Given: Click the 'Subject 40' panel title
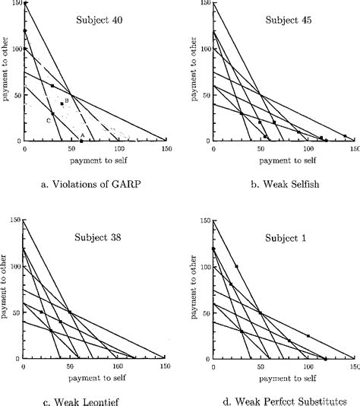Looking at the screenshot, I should click(103, 21).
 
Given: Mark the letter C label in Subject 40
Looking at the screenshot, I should click(48, 120).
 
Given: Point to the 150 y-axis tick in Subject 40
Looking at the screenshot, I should click(14, 4).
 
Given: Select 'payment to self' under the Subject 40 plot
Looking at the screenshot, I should click(96, 161).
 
